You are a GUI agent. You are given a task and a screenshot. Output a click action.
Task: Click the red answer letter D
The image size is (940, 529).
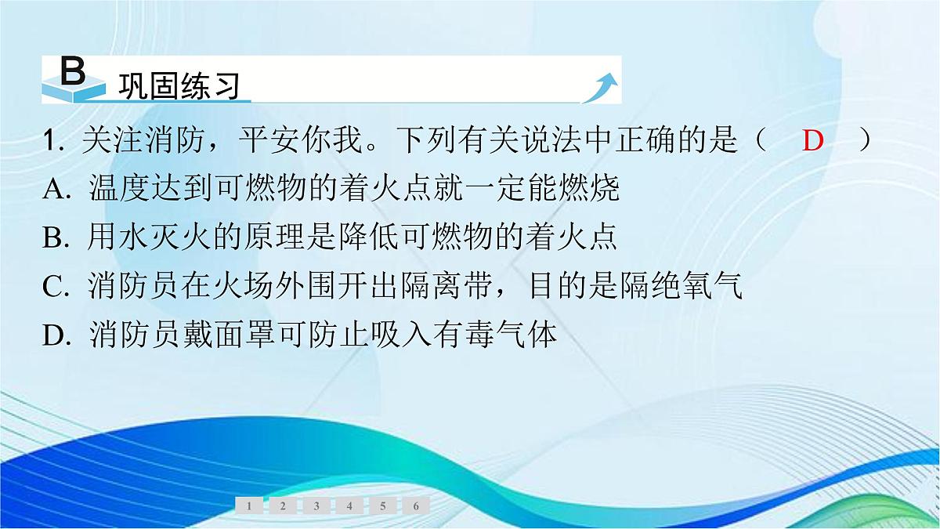point(814,142)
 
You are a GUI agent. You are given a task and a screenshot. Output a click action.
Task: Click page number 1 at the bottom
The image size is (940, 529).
point(249,506)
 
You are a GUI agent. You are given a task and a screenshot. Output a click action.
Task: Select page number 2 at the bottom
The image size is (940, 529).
point(283,506)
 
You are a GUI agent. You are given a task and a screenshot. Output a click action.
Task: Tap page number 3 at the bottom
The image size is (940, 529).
point(316,506)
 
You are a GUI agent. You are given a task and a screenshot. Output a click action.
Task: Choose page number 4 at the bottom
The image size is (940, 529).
point(349,506)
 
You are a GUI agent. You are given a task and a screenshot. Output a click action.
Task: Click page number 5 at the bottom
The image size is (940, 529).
point(382,506)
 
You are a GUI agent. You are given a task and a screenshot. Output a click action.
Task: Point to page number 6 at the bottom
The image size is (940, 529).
point(416,506)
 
